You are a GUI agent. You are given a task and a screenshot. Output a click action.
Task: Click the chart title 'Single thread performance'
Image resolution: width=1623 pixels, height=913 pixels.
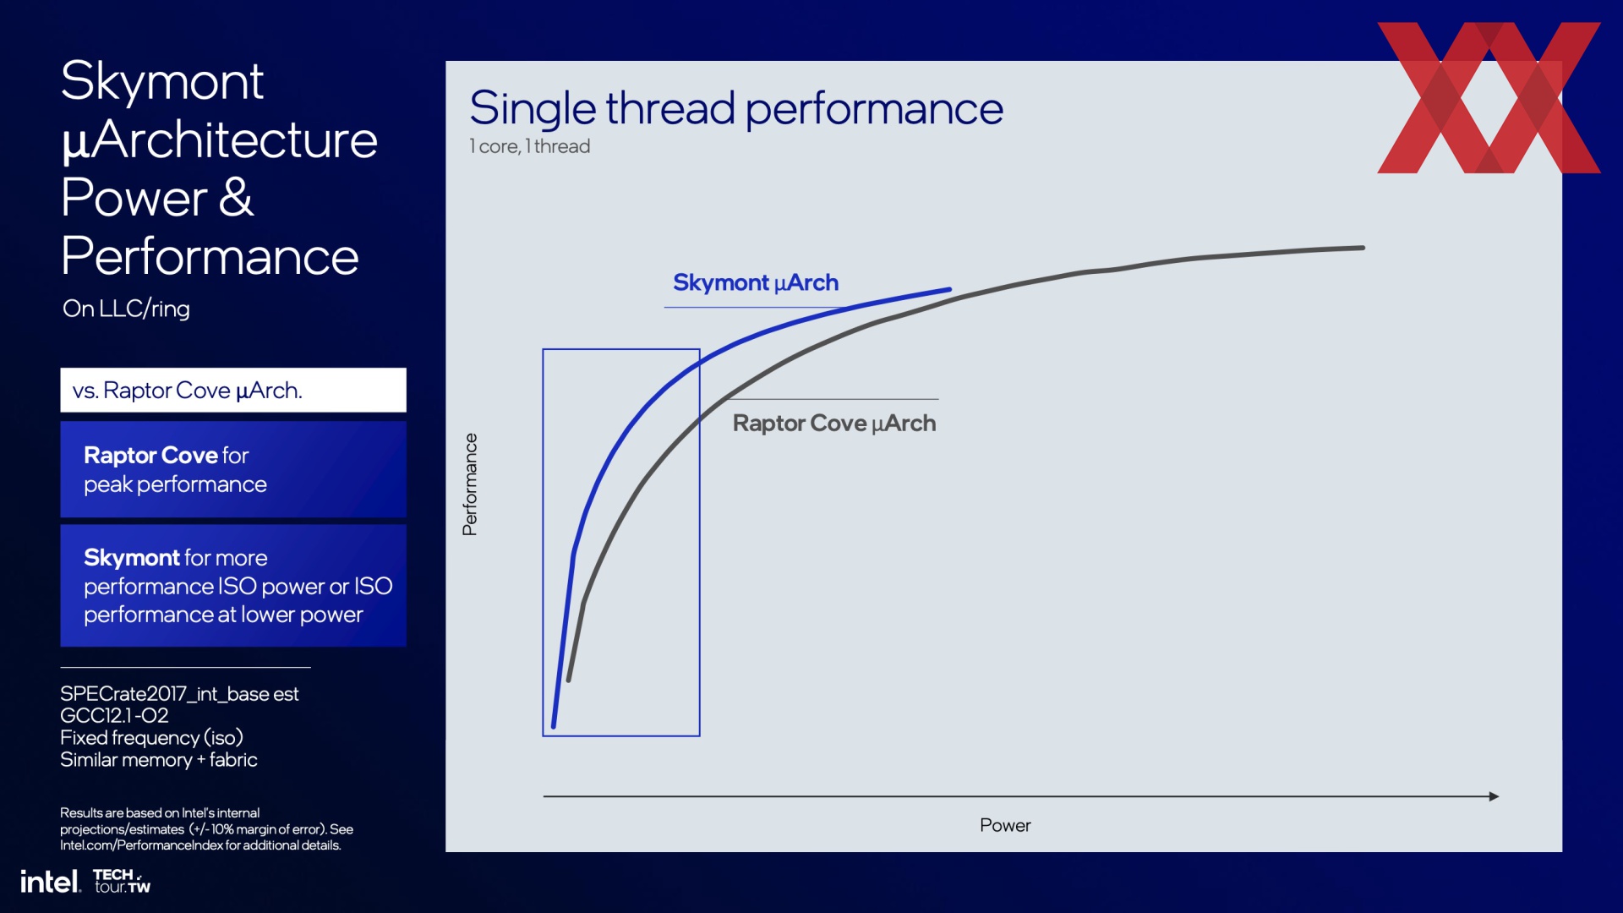pyautogui.click(x=736, y=110)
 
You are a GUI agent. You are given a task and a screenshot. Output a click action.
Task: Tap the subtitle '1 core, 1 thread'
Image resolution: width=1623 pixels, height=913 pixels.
pyautogui.click(x=530, y=146)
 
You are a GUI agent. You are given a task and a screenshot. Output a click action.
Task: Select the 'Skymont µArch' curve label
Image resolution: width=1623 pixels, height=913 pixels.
pyautogui.click(x=756, y=283)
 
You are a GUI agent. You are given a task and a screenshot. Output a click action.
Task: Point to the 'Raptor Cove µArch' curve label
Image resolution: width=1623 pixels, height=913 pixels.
pyautogui.click(x=834, y=424)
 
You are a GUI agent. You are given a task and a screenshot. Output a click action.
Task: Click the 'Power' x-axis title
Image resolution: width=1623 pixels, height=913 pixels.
pyautogui.click(x=1005, y=825)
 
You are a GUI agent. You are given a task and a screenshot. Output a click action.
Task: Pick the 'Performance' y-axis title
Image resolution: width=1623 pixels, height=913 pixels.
pyautogui.click(x=470, y=484)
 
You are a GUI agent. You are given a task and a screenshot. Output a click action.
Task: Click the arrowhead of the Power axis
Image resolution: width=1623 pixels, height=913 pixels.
pyautogui.click(x=1495, y=796)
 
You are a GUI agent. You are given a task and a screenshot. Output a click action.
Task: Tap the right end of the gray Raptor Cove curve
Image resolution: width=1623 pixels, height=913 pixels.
pyautogui.click(x=1363, y=248)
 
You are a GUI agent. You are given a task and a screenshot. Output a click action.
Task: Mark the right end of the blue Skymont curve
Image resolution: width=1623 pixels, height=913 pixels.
pyautogui.click(x=949, y=290)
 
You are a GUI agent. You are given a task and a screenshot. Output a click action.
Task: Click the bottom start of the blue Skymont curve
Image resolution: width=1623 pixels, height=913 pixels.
pyautogui.click(x=554, y=725)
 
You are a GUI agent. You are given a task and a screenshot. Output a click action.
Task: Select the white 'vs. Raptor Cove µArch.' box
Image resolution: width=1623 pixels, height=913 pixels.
pyautogui.click(x=233, y=390)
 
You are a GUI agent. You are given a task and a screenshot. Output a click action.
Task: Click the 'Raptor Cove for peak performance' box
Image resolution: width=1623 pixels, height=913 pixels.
pyautogui.click(x=233, y=469)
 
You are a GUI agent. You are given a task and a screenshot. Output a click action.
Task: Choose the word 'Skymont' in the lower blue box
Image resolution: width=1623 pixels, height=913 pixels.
pyautogui.click(x=132, y=558)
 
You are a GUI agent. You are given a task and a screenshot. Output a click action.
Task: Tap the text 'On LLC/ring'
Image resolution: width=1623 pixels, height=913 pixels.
pyautogui.click(x=126, y=309)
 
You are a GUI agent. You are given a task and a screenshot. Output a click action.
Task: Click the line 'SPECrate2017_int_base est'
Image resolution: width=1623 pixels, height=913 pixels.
pyautogui.click(x=179, y=694)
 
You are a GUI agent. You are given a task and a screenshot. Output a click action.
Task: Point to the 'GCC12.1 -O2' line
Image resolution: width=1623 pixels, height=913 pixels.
pyautogui.click(x=114, y=716)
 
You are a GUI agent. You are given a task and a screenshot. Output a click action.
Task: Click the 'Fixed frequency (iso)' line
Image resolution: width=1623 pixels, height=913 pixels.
pyautogui.click(x=151, y=738)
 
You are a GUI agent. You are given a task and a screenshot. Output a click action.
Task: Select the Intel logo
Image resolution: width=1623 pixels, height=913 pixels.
pyautogui.click(x=51, y=882)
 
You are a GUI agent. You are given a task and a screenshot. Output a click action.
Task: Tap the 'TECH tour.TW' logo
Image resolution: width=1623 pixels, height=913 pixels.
pyautogui.click(x=122, y=881)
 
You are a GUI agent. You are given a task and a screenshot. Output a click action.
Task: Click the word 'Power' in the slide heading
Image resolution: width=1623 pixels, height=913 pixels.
pyautogui.click(x=134, y=198)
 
